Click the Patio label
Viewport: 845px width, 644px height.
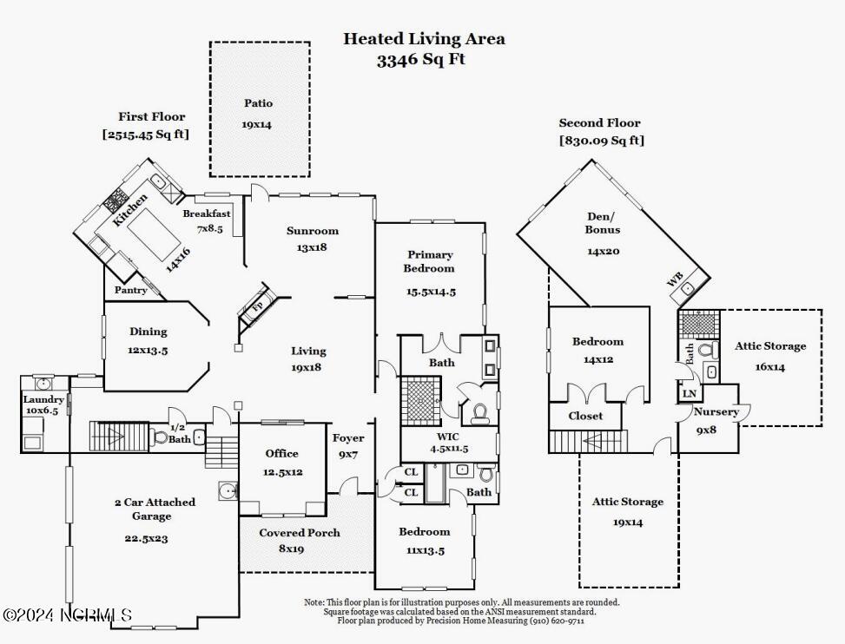(258, 103)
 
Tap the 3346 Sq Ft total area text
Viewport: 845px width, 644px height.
(421, 60)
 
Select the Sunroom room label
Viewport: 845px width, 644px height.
(313, 231)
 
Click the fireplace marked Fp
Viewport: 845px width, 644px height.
(257, 307)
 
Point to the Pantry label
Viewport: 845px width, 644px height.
(131, 291)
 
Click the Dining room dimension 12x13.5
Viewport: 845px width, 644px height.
(149, 350)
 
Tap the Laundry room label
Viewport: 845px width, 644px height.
(43, 399)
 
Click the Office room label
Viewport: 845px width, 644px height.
(281, 453)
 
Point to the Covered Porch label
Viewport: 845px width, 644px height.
(300, 533)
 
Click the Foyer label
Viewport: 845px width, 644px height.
(348, 438)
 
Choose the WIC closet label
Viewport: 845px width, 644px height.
(448, 436)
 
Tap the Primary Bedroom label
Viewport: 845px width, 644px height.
(431, 261)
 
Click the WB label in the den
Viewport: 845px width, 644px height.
(674, 279)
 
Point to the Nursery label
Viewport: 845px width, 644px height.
(716, 411)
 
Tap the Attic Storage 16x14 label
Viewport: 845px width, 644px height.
(770, 345)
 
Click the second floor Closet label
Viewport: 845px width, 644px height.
(585, 416)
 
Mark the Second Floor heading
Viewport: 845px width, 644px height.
(599, 123)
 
